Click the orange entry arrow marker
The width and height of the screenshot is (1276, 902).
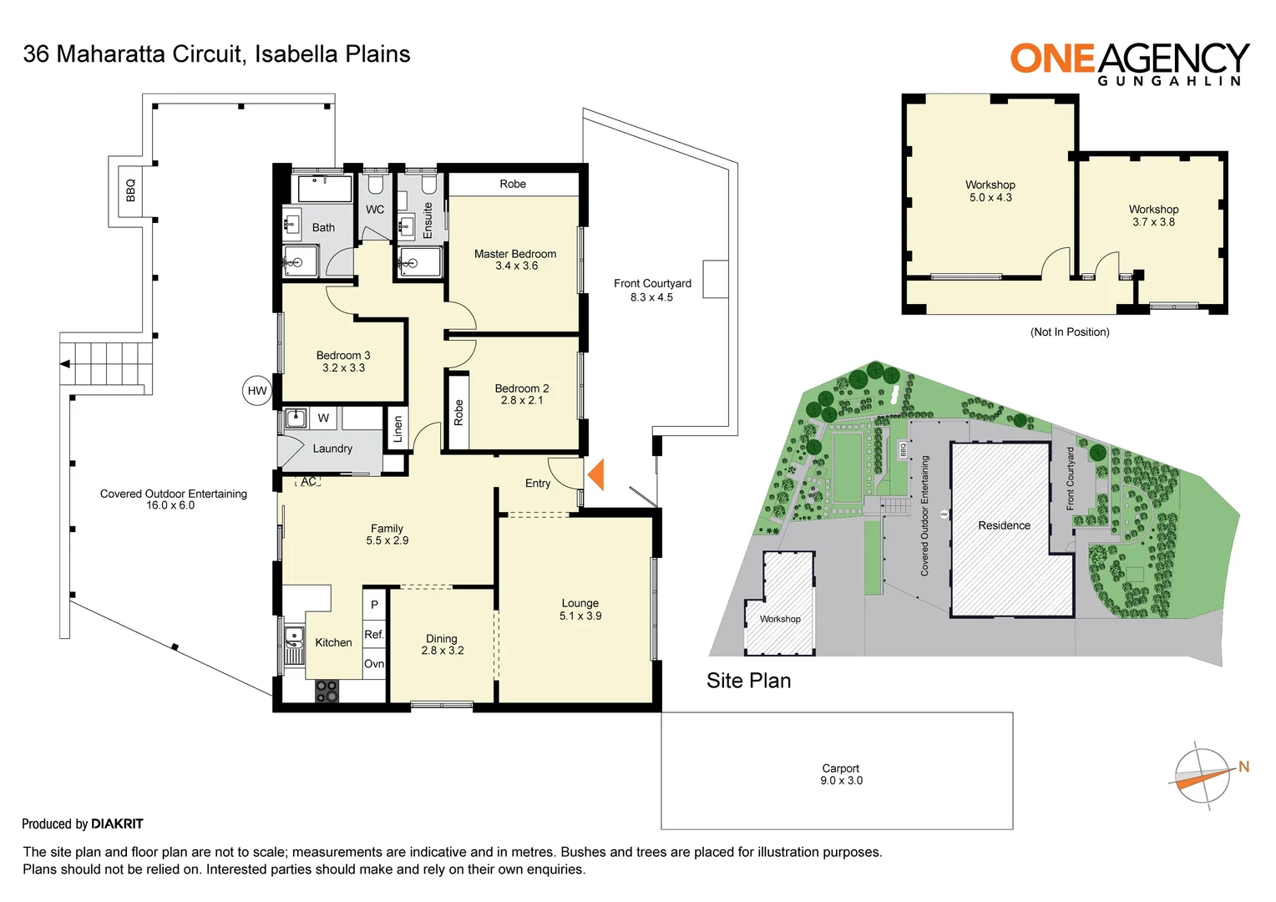596,474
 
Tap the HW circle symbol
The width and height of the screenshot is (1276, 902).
257,391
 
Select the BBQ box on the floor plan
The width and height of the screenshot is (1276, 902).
130,190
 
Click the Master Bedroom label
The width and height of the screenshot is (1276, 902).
515,260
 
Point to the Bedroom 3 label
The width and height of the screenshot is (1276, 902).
343,362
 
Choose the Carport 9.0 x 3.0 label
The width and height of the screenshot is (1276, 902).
841,774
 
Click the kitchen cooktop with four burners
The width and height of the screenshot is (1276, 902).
327,691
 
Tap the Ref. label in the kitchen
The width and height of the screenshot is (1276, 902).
374,635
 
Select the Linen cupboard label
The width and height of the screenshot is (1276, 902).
398,429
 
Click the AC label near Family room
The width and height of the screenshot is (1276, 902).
309,482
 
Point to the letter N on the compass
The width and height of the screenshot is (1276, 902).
1243,767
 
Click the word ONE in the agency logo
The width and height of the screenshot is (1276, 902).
1052,58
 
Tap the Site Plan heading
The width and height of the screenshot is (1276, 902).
748,681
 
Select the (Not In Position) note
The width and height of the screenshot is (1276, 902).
1070,332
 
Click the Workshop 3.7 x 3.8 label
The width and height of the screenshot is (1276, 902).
1153,215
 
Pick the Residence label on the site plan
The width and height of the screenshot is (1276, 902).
1004,525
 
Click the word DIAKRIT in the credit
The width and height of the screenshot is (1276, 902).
117,824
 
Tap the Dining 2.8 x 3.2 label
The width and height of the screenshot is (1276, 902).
442,645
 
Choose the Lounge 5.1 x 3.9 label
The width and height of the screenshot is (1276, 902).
580,610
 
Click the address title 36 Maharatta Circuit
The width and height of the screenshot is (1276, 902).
134,54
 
